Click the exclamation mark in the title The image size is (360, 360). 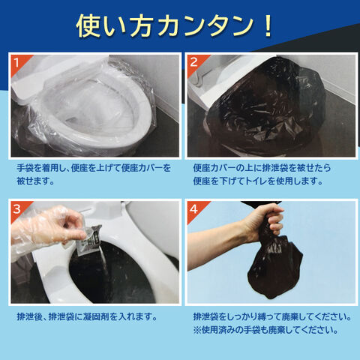click(268, 26)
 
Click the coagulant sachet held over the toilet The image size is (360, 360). click(88, 239)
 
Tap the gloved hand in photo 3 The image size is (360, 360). click(46, 229)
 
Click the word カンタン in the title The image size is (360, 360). click(207, 26)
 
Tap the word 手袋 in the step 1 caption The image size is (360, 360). click(25, 168)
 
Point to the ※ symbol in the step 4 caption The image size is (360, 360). click(197, 330)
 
